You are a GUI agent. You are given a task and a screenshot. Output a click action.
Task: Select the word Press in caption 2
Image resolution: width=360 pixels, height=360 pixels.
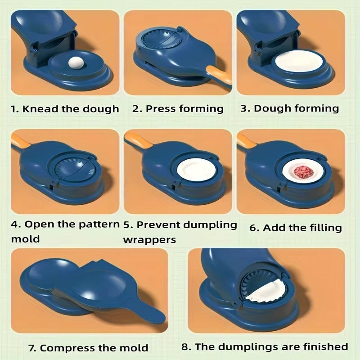coord(161,108)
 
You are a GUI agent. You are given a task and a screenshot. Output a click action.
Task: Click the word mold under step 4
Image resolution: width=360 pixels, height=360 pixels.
coord(25,239)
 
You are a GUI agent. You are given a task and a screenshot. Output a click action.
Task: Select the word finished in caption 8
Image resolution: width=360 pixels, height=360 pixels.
coord(325,346)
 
